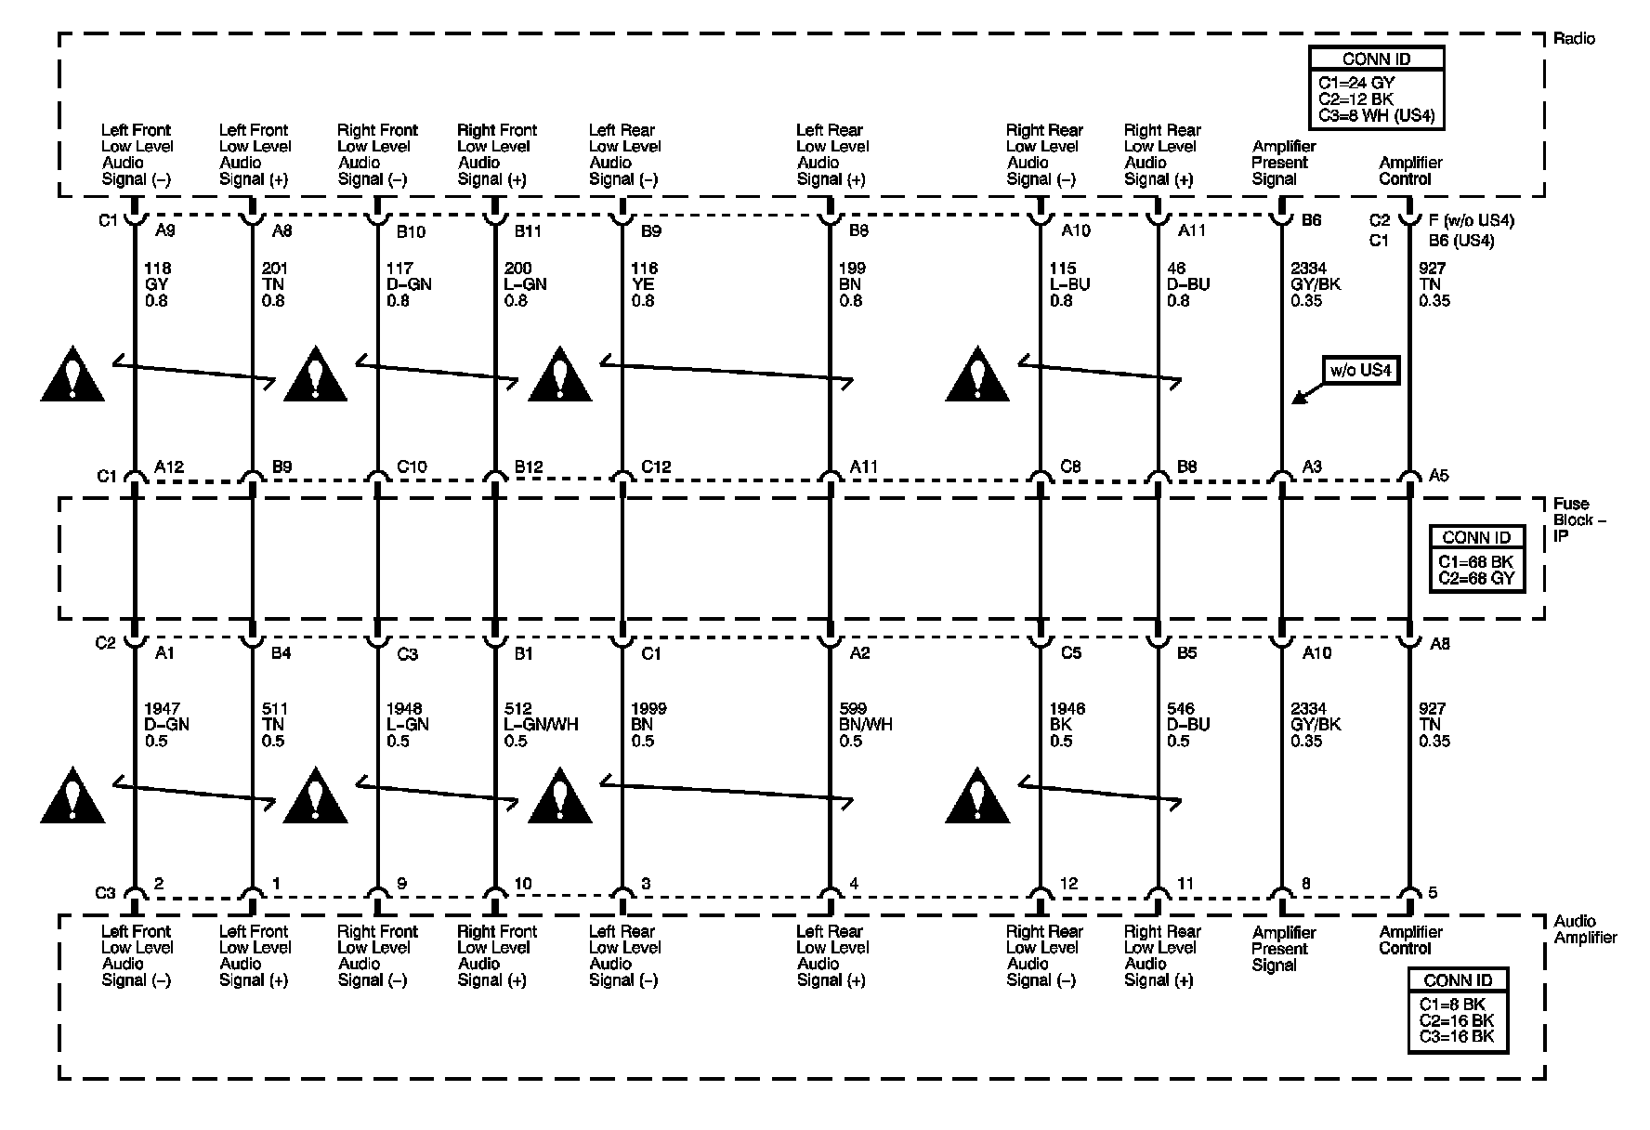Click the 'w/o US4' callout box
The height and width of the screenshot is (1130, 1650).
point(1361,371)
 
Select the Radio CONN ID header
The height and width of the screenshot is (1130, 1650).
point(1376,59)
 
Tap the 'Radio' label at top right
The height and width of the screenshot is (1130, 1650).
point(1574,39)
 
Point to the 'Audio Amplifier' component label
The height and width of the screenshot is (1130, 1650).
point(1585,929)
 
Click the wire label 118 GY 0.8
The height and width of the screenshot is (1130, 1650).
point(157,284)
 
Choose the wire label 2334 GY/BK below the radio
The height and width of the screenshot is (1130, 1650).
point(1316,284)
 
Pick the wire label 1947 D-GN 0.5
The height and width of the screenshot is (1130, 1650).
point(166,725)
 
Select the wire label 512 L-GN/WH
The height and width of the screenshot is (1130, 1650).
point(541,725)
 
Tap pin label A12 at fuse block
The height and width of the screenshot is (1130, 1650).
point(168,467)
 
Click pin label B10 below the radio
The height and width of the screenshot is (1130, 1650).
point(411,230)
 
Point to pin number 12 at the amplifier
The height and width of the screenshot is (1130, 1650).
point(1068,884)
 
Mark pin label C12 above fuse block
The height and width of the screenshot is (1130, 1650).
point(656,467)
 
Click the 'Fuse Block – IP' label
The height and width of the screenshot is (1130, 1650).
point(1579,520)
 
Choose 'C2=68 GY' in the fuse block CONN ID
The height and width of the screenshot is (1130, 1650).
point(1476,578)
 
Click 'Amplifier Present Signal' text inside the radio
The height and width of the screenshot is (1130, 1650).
point(1284,163)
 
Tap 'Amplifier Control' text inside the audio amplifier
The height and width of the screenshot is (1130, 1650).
point(1410,940)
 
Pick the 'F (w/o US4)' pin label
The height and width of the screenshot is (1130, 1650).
point(1471,221)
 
